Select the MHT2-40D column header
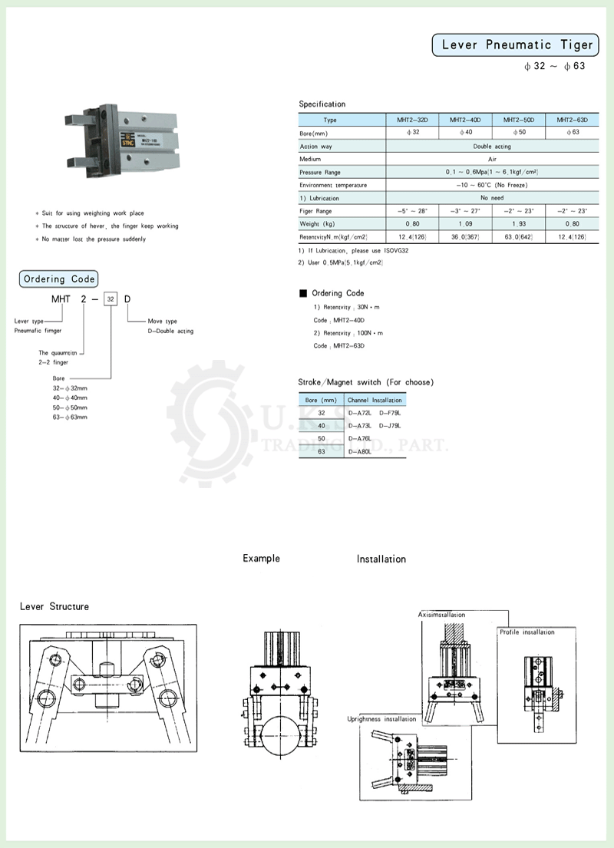click(465, 120)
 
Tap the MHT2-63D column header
click(572, 120)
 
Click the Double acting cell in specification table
click(492, 146)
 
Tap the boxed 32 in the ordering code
click(111, 300)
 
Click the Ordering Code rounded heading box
click(59, 279)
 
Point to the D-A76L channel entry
click(360, 438)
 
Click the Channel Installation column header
click(375, 400)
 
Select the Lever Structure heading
click(54, 606)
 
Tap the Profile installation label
click(527, 632)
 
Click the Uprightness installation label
click(382, 719)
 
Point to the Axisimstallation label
click(442, 615)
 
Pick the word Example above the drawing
click(261, 558)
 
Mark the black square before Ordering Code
click(302, 293)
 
